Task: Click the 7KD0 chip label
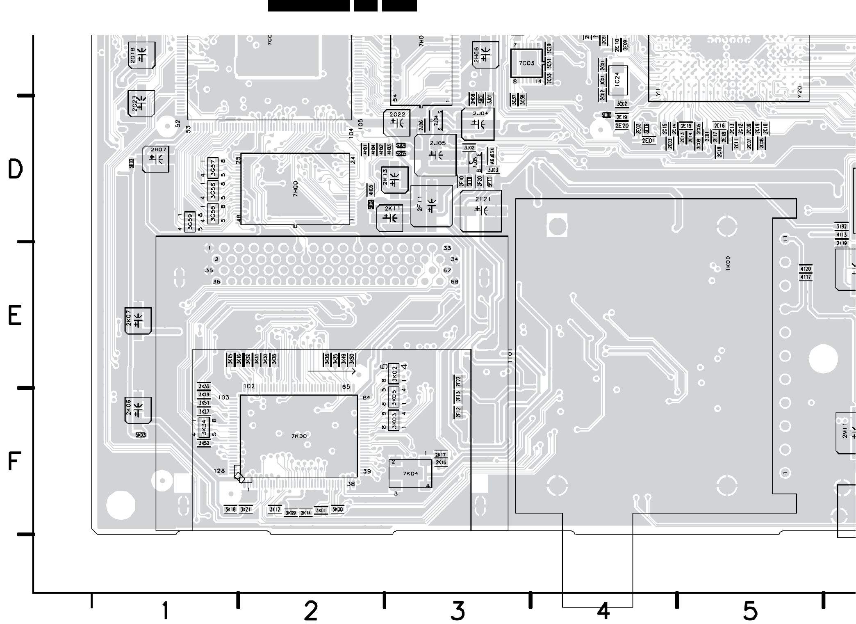click(299, 436)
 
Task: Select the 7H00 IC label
click(296, 189)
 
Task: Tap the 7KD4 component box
click(410, 474)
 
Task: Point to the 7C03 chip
click(526, 63)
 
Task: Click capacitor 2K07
click(138, 320)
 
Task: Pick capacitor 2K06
click(138, 410)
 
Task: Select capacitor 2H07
click(155, 159)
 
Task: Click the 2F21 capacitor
click(481, 211)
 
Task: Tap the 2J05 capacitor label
click(437, 143)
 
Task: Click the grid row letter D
click(15, 169)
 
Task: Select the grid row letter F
click(14, 462)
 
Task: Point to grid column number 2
click(311, 611)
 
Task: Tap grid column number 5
click(750, 611)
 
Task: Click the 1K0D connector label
click(728, 263)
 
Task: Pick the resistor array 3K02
click(394, 373)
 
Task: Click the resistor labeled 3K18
click(230, 510)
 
